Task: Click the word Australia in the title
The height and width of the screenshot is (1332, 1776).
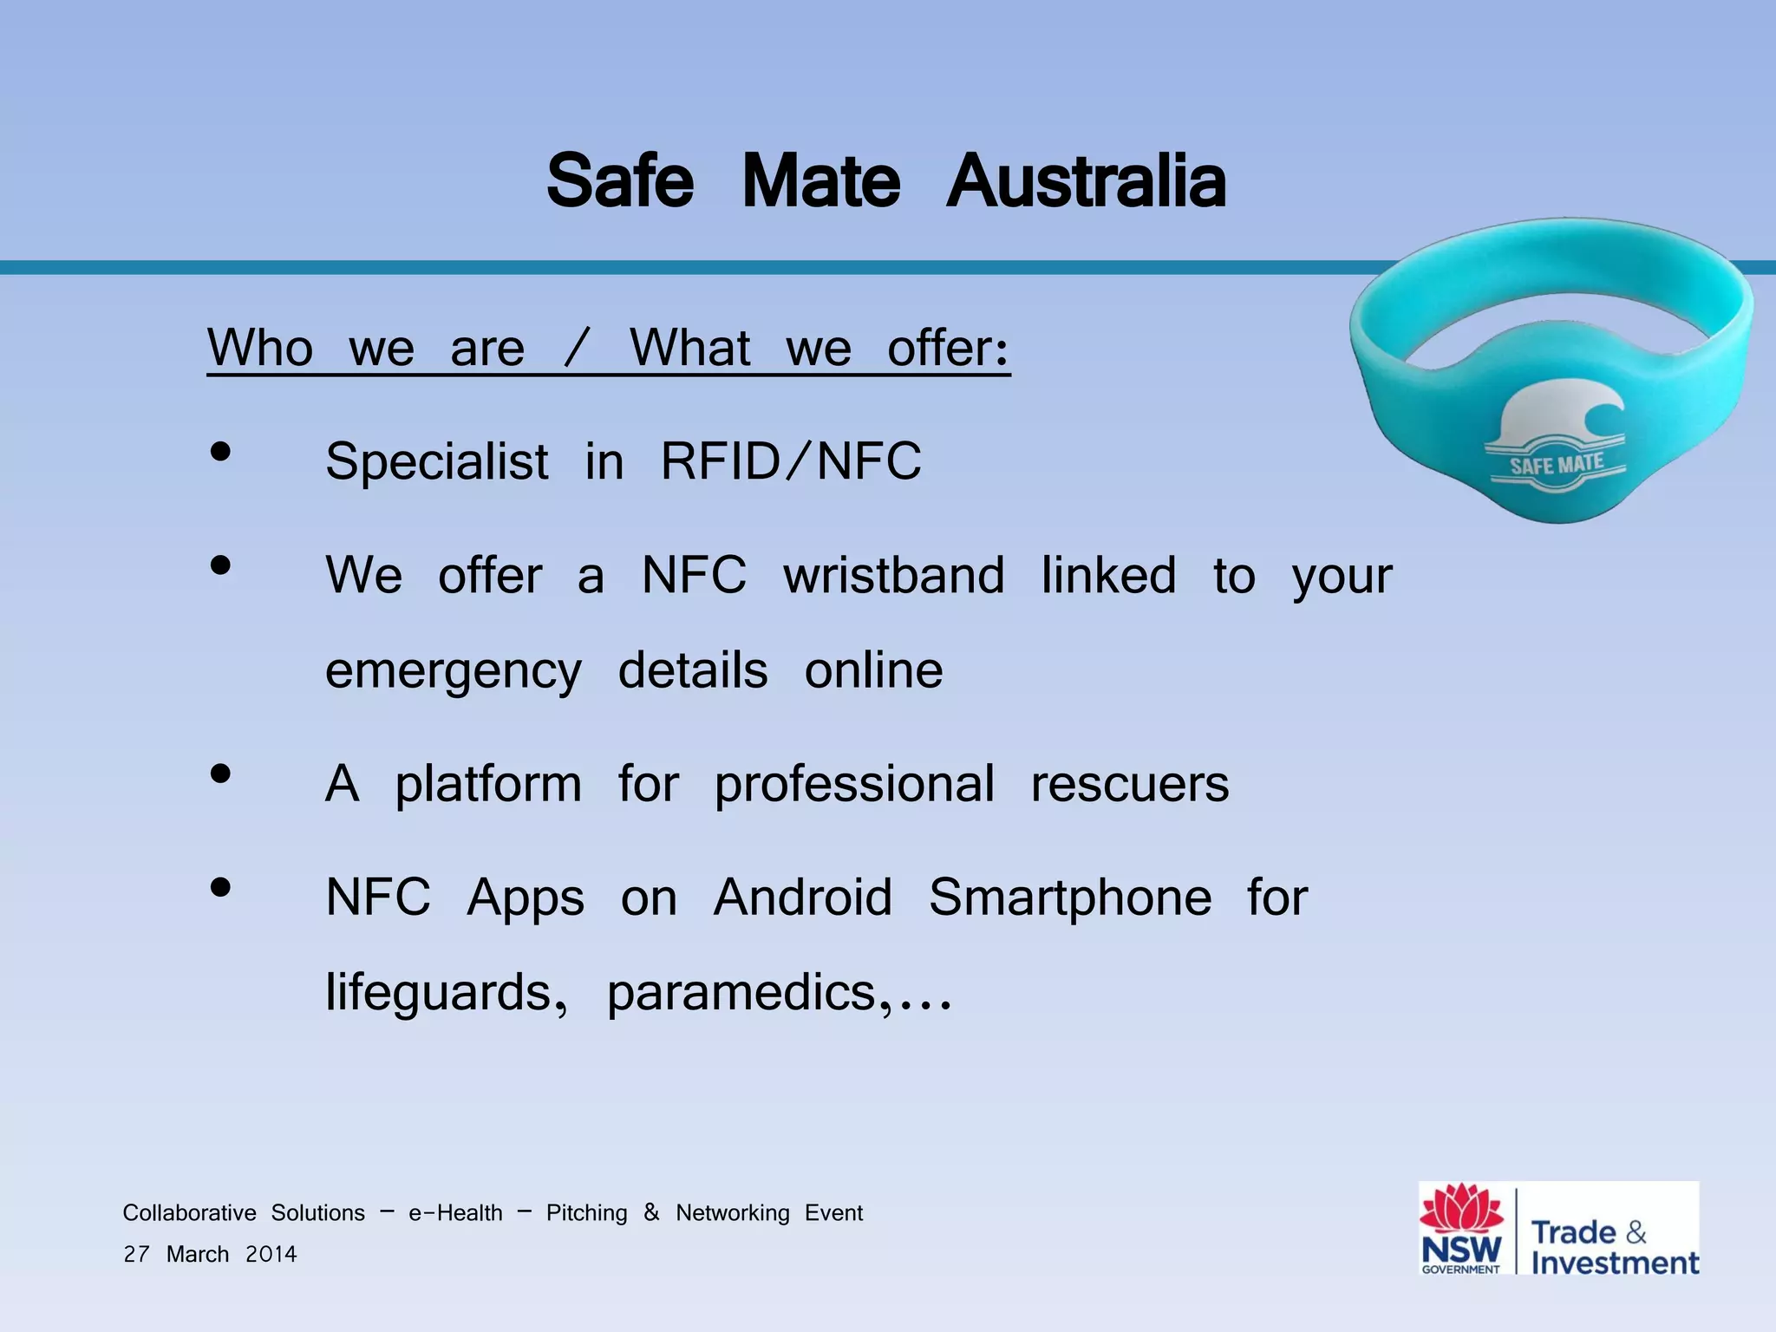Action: pyautogui.click(x=1086, y=181)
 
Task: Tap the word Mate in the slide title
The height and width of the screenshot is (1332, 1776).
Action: pyautogui.click(x=821, y=181)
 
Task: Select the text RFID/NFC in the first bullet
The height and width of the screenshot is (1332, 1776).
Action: pyautogui.click(x=791, y=460)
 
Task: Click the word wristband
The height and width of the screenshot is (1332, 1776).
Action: pyautogui.click(x=894, y=575)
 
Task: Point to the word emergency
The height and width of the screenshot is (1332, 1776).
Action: pyautogui.click(x=453, y=672)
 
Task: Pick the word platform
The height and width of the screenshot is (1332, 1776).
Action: pyautogui.click(x=488, y=785)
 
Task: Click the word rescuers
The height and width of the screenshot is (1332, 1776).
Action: pyautogui.click(x=1129, y=784)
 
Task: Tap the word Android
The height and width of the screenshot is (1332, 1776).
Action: pyautogui.click(x=802, y=897)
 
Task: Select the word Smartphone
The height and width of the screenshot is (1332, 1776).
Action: pyautogui.click(x=1070, y=898)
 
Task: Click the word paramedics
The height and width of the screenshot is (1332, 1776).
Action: pyautogui.click(x=742, y=993)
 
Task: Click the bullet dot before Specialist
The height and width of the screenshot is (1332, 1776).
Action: pyautogui.click(x=221, y=452)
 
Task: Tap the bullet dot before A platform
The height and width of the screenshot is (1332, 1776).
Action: pyautogui.click(x=221, y=774)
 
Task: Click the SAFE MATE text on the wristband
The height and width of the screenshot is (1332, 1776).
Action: pyautogui.click(x=1557, y=465)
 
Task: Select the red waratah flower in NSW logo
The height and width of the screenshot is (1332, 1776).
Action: pyautogui.click(x=1461, y=1208)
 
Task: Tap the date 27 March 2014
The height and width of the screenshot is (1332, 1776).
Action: pyautogui.click(x=210, y=1254)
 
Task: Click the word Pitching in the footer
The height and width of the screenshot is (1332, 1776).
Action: pyautogui.click(x=586, y=1212)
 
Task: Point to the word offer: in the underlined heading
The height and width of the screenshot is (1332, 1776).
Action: pyautogui.click(x=949, y=348)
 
